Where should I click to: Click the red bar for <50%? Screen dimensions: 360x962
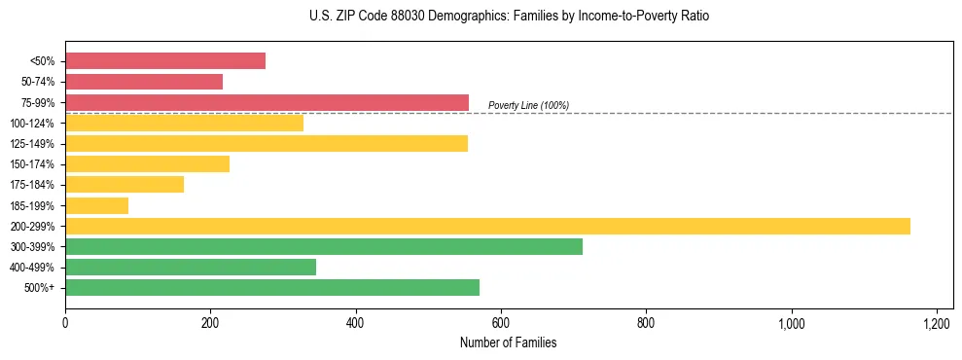165,61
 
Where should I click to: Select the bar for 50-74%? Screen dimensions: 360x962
144,82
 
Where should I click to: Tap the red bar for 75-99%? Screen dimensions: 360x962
267,102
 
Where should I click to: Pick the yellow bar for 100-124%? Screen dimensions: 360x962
184,123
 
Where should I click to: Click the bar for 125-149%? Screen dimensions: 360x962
267,143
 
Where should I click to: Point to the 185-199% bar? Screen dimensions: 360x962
96,205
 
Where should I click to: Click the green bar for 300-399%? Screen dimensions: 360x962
324,246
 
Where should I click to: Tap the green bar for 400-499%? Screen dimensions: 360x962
191,267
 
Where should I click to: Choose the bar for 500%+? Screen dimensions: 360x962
272,287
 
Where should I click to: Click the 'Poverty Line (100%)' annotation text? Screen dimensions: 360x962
528,105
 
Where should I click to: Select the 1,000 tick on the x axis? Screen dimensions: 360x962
791,323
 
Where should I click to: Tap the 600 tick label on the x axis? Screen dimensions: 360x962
501,323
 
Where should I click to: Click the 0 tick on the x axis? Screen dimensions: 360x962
65,323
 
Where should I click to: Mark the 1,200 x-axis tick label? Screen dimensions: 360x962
936,323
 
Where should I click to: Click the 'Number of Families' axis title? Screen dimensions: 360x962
509,342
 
